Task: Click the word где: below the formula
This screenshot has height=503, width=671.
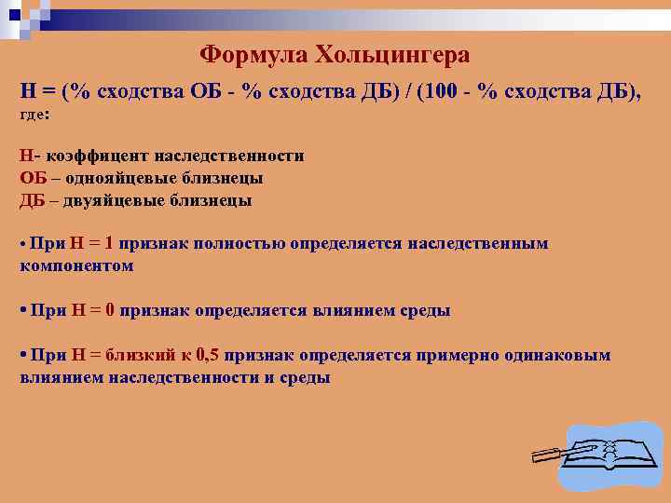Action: point(34,114)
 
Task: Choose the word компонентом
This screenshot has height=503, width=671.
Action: point(76,265)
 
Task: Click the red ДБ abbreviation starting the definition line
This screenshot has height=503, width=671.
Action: point(32,199)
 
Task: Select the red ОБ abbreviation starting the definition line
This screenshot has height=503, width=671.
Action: point(33,178)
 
